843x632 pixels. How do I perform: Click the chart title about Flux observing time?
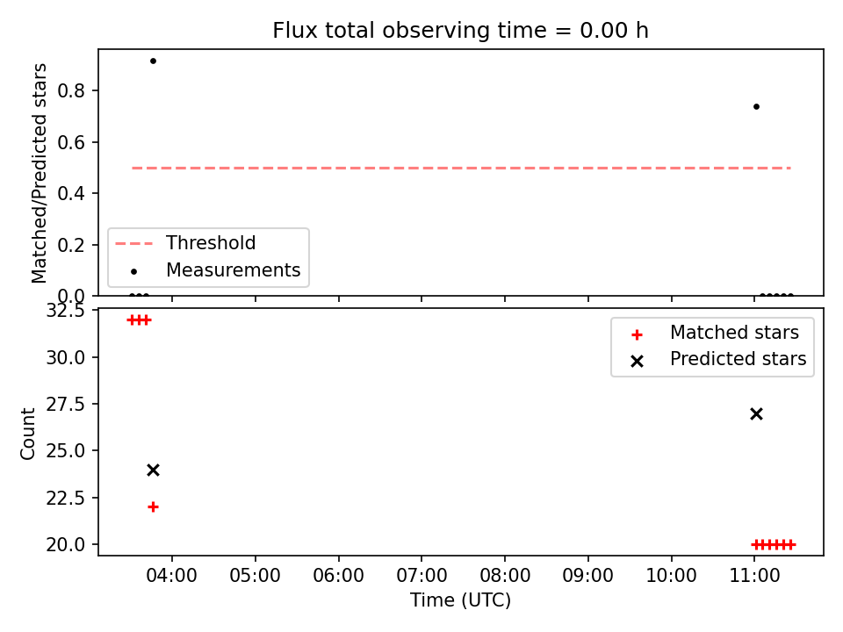point(460,30)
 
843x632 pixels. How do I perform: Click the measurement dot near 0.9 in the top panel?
point(153,61)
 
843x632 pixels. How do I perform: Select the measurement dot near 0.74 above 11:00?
point(756,106)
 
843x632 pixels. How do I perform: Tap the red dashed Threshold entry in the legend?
point(185,243)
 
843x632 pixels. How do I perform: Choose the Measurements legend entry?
point(215,269)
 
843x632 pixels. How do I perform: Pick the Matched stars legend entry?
point(715,333)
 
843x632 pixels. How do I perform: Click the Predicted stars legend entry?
point(719,359)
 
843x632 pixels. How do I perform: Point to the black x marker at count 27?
point(756,413)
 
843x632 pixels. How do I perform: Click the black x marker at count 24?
point(153,470)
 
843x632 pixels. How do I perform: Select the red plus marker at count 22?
point(153,506)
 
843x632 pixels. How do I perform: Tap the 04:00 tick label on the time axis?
point(171,576)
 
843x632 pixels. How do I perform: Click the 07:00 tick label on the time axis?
point(421,576)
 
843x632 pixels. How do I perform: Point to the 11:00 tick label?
point(754,576)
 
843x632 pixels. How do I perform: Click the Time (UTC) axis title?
point(460,600)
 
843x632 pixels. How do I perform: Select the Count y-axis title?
point(27,433)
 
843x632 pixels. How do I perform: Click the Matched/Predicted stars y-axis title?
point(39,173)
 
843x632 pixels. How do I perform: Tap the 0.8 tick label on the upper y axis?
point(71,90)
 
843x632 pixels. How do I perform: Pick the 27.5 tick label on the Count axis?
point(66,404)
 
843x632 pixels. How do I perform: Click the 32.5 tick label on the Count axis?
point(66,311)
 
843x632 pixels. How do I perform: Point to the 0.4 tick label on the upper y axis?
point(71,193)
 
